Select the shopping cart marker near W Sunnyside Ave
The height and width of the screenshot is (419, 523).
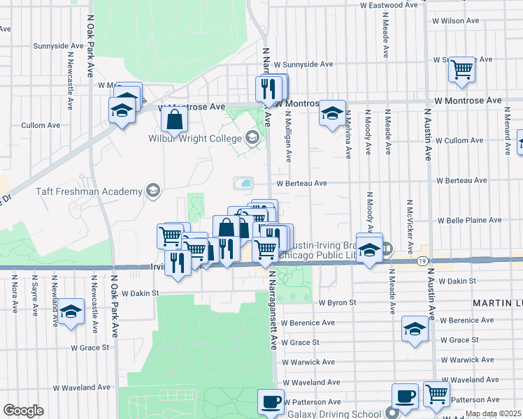click(x=461, y=70)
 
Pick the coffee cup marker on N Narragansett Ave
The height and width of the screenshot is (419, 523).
click(x=271, y=402)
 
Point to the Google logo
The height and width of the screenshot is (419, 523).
click(x=23, y=410)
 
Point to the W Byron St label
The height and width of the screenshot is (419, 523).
click(x=338, y=303)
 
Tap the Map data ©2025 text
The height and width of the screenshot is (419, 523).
click(x=493, y=414)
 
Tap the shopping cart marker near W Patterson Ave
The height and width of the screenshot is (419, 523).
click(x=436, y=395)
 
